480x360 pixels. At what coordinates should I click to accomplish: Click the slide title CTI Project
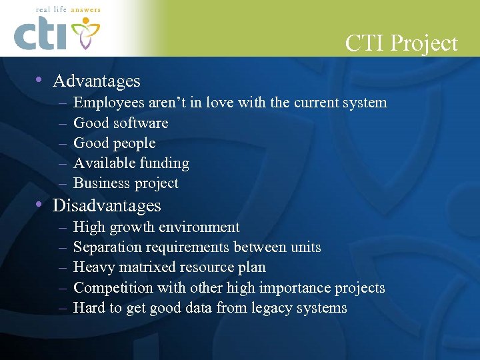(401, 43)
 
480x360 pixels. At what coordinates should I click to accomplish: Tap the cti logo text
(41, 35)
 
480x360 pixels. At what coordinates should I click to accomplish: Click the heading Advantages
(97, 81)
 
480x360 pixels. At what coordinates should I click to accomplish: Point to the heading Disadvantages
(107, 205)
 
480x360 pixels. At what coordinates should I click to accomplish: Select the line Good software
(121, 123)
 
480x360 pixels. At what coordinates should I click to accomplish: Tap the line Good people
(114, 143)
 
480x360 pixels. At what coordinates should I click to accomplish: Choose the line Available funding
(131, 163)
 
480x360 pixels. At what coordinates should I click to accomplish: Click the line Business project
(126, 183)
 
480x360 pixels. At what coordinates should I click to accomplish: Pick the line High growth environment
(157, 227)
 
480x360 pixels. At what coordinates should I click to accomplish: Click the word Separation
(107, 247)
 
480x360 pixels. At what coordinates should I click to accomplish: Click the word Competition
(112, 288)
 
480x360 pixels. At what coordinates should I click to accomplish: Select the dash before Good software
(61, 123)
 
